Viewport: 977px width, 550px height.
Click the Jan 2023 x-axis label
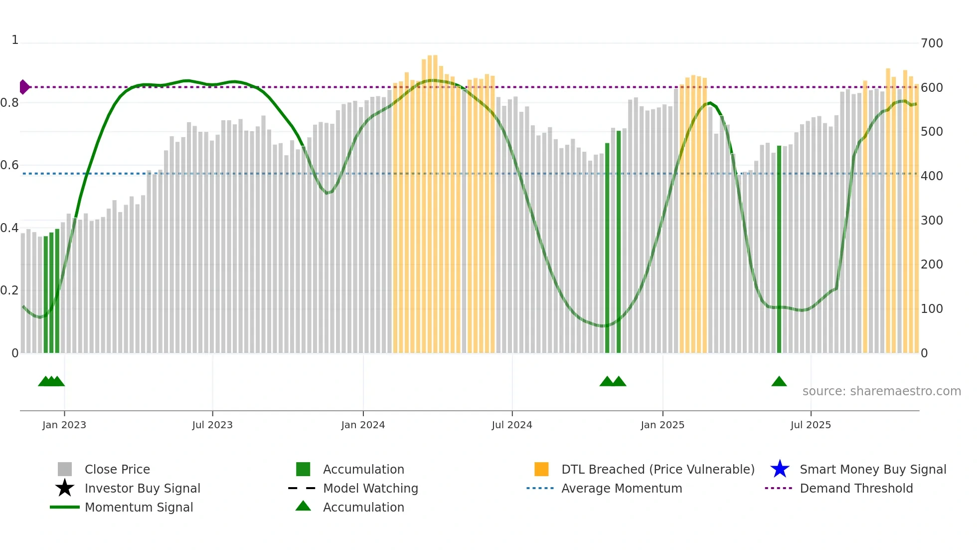64,425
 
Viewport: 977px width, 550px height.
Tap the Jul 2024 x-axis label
512,425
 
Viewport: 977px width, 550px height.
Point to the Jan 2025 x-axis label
662,425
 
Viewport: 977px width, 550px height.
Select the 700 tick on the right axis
932,43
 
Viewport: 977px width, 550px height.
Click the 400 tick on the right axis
932,176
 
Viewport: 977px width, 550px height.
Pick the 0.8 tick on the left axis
9,103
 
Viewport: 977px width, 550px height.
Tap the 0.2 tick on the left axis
9,290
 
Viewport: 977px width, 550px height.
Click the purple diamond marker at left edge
24,87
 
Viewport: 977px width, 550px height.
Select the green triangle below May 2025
779,382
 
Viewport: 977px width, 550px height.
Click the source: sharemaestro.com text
881,391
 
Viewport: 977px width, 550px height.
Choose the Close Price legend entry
117,469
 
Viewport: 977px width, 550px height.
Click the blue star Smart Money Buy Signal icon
780,469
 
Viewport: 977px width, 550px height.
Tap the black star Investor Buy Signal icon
65,488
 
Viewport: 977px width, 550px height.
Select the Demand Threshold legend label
856,488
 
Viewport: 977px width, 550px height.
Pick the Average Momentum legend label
622,488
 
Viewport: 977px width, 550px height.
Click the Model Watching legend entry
370,488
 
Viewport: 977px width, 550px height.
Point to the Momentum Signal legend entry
139,507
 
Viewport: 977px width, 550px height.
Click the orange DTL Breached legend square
541,469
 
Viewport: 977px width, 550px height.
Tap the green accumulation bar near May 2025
779,250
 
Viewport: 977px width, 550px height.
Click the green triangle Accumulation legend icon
303,506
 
